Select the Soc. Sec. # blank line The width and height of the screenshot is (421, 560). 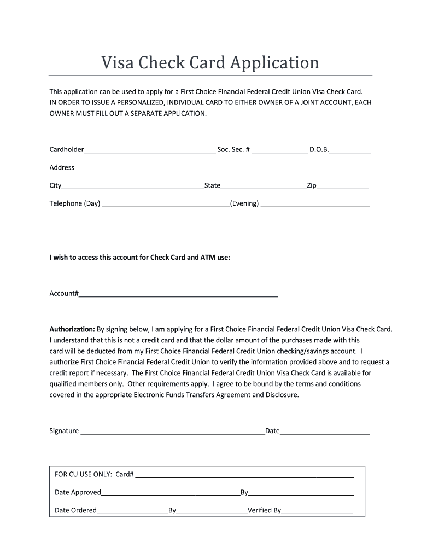(x=279, y=150)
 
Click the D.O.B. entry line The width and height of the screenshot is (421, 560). (x=350, y=150)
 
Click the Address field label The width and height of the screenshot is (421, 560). (x=62, y=167)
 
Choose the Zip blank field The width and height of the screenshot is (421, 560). (x=343, y=186)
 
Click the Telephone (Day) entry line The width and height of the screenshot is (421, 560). (x=166, y=204)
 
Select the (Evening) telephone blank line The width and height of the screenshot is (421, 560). (x=315, y=204)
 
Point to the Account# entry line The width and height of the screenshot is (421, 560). (x=179, y=294)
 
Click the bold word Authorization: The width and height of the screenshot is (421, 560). (x=72, y=329)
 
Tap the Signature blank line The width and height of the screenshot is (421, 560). (x=173, y=431)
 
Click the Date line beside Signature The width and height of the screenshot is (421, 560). (x=325, y=431)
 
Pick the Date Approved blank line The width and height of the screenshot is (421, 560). (x=171, y=493)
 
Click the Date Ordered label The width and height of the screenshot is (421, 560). (x=75, y=510)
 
